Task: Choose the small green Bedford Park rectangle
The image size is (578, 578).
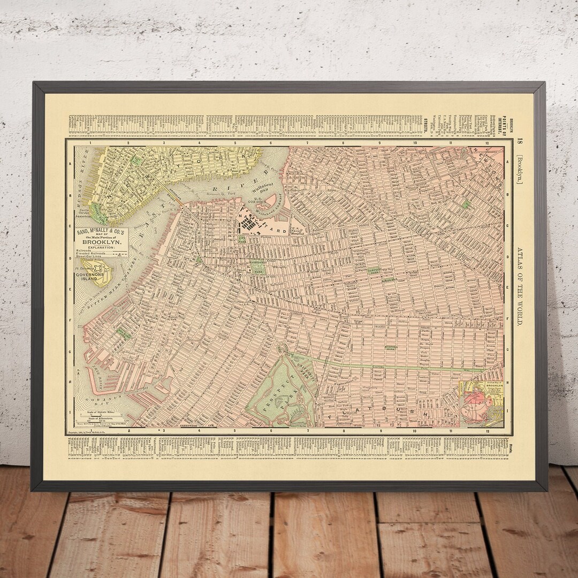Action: tap(394, 348)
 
